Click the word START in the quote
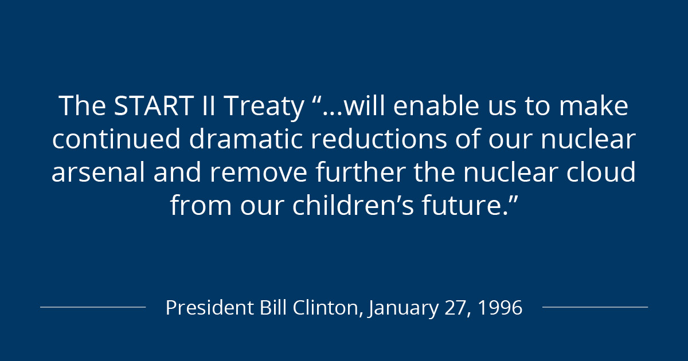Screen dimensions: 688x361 pyautogui.click(x=154, y=105)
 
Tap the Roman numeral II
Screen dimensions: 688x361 pyautogui.click(x=209, y=105)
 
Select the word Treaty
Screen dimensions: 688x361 pyautogui.click(x=264, y=108)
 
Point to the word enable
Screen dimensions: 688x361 pyautogui.click(x=436, y=105)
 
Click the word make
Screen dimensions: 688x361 pyautogui.click(x=594, y=105)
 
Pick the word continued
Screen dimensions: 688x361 pyautogui.click(x=116, y=139)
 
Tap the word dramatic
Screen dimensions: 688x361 pyautogui.click(x=246, y=139)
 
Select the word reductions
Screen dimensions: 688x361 pyautogui.click(x=379, y=139)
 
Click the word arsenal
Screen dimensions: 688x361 pyautogui.click(x=98, y=172)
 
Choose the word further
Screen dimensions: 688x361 pyautogui.click(x=360, y=172)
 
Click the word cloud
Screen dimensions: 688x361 pyautogui.click(x=601, y=172)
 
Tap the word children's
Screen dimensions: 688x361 pyautogui.click(x=353, y=205)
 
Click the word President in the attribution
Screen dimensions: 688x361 pyautogui.click(x=210, y=307)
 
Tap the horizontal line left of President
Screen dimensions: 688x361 pyautogui.click(x=93, y=307)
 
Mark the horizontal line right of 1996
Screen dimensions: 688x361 pyautogui.click(x=595, y=307)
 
